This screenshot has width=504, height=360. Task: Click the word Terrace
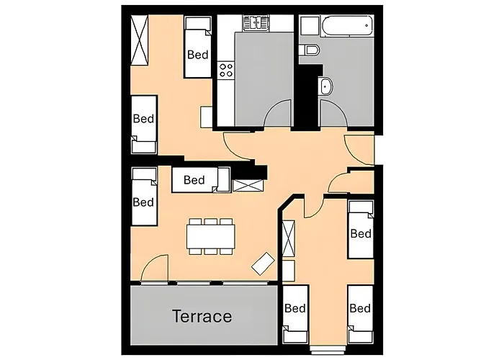202,316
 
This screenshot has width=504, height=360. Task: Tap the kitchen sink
256,23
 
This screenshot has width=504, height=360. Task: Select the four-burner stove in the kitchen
226,71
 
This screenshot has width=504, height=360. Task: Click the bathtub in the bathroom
348,25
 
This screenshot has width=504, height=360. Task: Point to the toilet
309,50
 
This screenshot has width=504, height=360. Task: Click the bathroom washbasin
325,86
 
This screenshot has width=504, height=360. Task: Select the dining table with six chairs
211,237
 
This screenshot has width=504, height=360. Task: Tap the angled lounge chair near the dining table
263,264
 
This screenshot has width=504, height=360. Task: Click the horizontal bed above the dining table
201,180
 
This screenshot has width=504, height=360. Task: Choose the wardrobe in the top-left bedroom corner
140,40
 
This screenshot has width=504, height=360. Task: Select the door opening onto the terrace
155,268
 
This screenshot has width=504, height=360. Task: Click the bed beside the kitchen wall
198,48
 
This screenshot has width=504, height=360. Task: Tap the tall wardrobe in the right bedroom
288,238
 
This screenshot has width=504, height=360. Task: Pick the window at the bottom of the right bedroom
328,348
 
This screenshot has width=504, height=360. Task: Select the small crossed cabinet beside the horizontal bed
248,186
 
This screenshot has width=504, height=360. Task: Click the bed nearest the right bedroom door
361,229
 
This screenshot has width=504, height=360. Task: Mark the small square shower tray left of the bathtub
309,25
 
